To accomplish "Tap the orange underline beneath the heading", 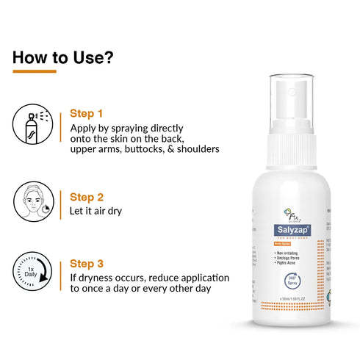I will (35, 71).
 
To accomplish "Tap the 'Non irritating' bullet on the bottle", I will (281, 253).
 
